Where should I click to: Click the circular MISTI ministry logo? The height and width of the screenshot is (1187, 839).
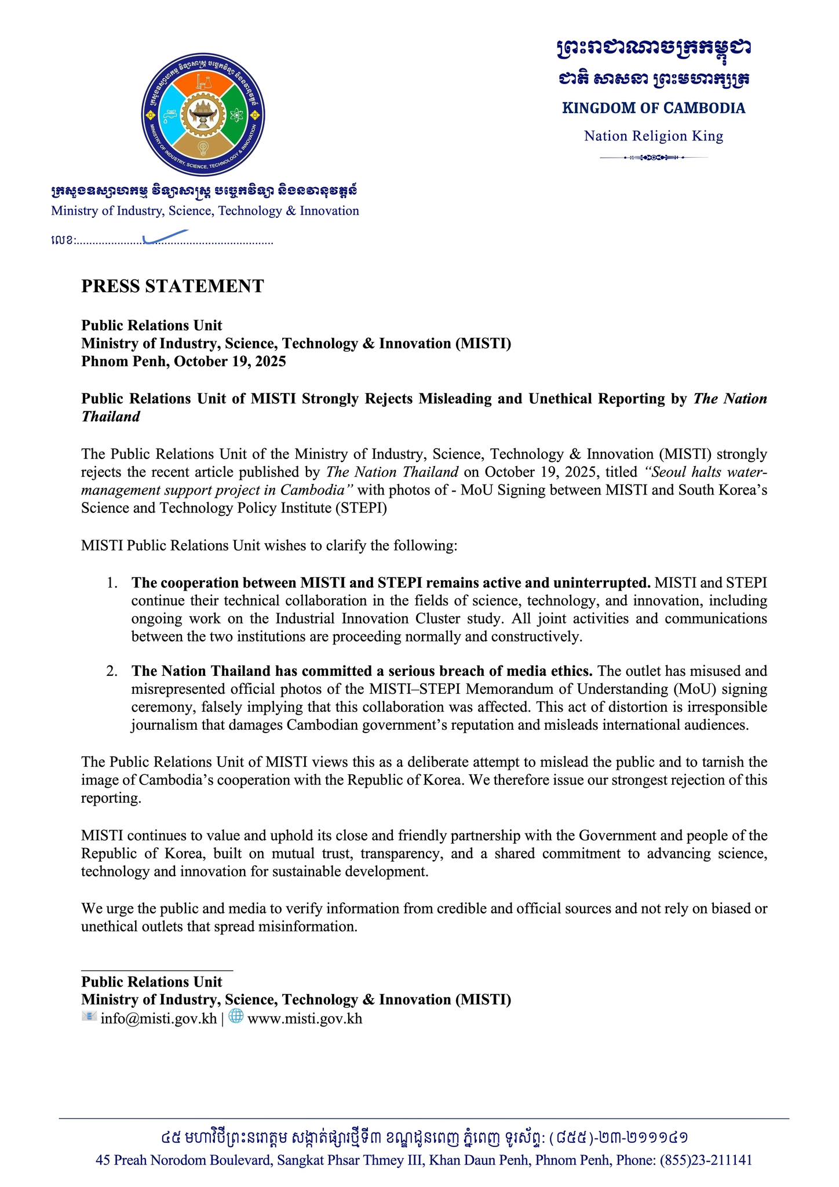(x=203, y=115)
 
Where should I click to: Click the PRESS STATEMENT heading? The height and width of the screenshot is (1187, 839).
(x=172, y=286)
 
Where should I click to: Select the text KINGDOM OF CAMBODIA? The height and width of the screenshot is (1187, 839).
(x=653, y=108)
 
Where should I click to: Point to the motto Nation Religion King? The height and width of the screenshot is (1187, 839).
(x=653, y=136)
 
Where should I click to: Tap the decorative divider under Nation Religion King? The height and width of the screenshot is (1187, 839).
(x=653, y=157)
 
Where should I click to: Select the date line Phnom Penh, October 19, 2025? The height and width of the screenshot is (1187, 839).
(x=183, y=362)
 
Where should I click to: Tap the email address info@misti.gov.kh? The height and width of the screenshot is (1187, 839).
(x=158, y=1018)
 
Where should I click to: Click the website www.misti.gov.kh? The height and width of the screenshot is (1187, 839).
(x=304, y=1018)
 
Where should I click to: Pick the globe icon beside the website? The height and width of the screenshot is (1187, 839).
(x=236, y=1016)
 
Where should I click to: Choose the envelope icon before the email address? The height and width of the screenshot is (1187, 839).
(x=89, y=1016)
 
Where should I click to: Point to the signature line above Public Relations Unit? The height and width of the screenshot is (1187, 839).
(x=156, y=969)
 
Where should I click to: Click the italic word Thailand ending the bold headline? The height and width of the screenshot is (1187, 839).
(x=111, y=417)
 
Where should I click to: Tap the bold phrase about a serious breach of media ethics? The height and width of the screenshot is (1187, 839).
(x=362, y=671)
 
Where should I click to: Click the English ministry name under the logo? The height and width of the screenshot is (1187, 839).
(x=205, y=211)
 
